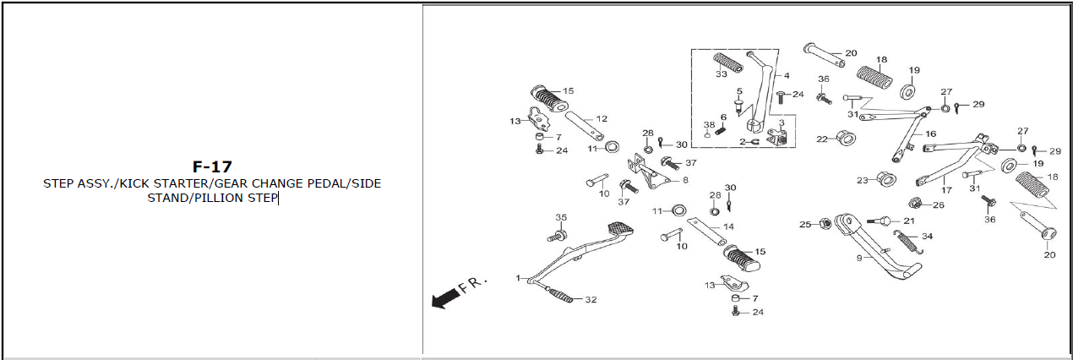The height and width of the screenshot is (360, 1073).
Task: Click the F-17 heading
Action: tap(212, 166)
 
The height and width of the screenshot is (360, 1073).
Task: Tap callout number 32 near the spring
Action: tap(591, 300)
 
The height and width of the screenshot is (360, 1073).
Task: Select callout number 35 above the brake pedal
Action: tap(560, 218)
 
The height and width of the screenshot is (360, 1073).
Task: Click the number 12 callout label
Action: tap(602, 118)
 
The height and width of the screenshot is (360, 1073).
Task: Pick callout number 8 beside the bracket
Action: tap(685, 180)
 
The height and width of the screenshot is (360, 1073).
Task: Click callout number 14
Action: tap(728, 226)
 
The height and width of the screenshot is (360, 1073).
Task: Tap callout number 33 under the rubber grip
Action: tap(721, 74)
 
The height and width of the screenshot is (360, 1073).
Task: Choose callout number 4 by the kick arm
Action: tap(787, 76)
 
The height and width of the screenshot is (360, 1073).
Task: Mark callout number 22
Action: tap(822, 139)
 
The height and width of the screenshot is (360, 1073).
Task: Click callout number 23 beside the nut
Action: tap(862, 180)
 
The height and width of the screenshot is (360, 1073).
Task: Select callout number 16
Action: tap(930, 134)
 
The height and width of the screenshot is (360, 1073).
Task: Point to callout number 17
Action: tap(946, 190)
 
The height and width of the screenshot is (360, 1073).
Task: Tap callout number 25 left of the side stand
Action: tap(805, 224)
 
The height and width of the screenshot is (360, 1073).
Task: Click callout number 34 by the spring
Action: tap(927, 236)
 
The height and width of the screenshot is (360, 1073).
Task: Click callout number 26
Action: tap(939, 205)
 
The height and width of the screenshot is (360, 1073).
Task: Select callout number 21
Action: tap(909, 221)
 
